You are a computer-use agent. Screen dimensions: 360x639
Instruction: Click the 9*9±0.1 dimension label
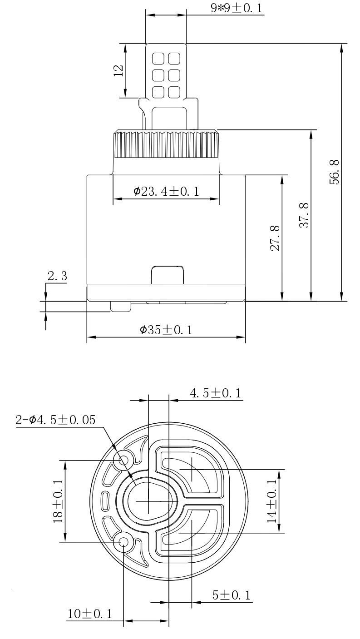click(236, 8)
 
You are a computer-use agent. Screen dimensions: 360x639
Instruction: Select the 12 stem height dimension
click(118, 70)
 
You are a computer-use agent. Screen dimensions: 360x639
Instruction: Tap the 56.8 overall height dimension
click(335, 172)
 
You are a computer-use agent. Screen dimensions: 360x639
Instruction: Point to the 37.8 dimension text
click(305, 215)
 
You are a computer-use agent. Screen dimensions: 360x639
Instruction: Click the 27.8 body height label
click(275, 238)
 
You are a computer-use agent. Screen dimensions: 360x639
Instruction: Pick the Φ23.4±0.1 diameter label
click(166, 191)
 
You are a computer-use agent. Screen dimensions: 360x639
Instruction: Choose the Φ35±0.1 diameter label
click(166, 330)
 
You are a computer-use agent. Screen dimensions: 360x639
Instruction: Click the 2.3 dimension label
click(57, 276)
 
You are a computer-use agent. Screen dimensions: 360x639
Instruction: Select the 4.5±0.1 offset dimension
click(216, 393)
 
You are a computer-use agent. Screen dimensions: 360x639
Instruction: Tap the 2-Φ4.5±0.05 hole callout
click(55, 420)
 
